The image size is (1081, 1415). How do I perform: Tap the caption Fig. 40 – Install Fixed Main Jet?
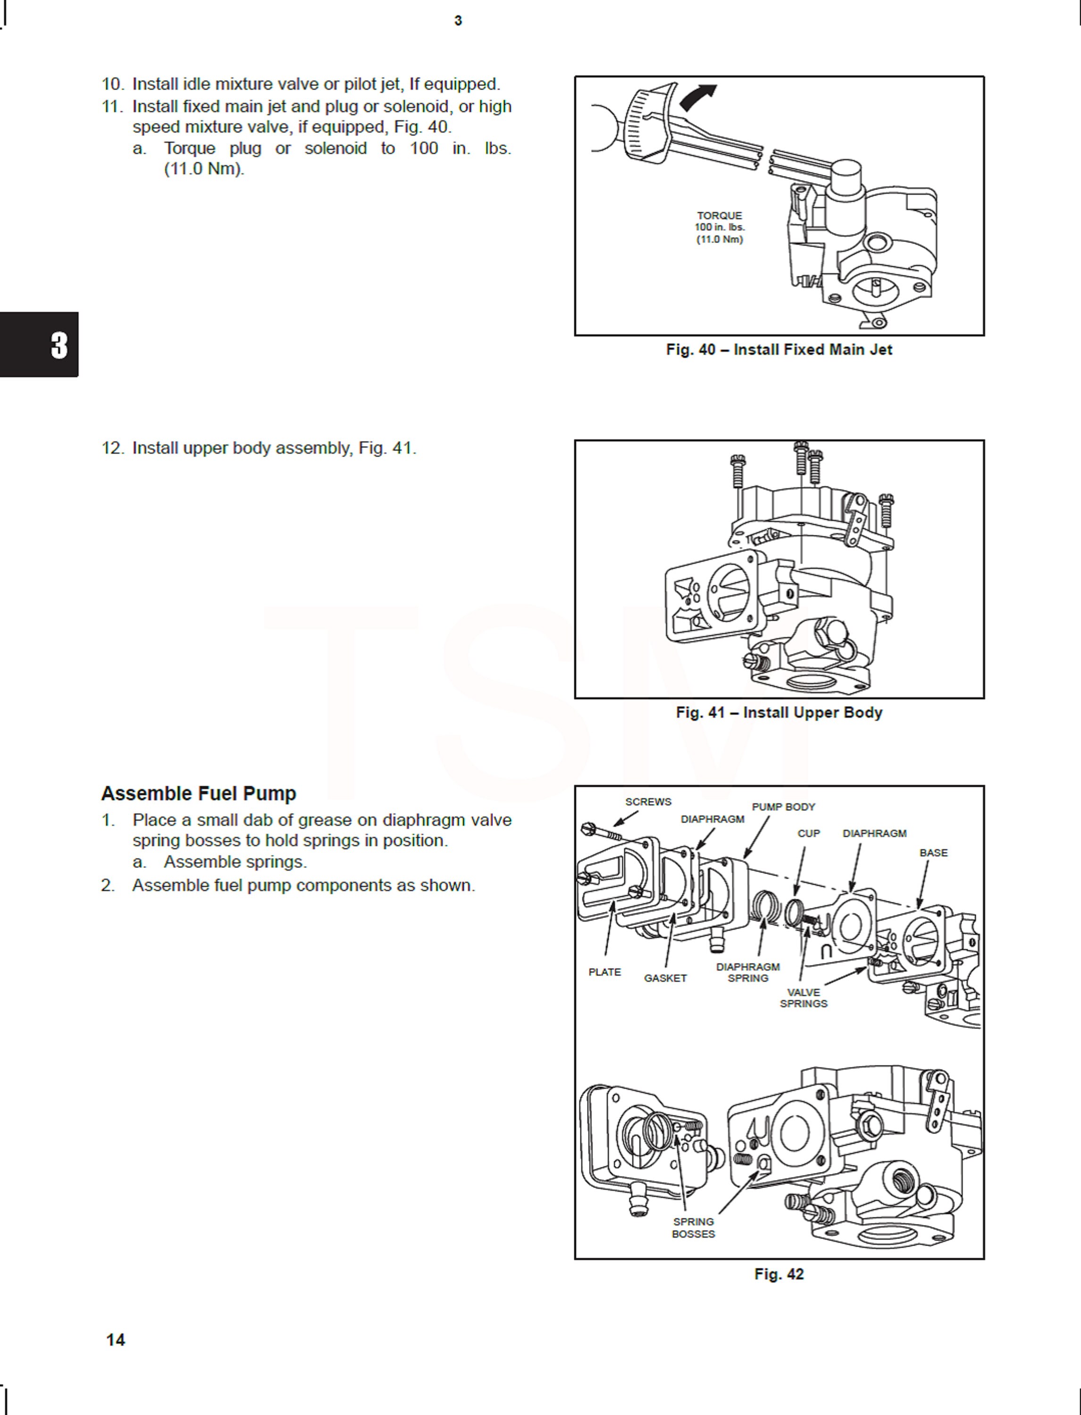click(779, 350)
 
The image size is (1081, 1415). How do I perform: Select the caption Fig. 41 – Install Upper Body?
click(779, 713)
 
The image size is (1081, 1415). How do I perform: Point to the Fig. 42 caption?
click(779, 1274)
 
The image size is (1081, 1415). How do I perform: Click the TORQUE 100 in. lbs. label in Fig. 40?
click(720, 227)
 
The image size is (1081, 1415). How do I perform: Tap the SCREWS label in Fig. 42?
click(648, 802)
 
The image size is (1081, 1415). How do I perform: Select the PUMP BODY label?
click(783, 807)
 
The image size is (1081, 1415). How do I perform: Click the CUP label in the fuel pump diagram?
click(808, 833)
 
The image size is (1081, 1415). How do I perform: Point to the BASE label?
click(933, 853)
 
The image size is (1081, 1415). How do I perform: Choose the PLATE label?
click(604, 972)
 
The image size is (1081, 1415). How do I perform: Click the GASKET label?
click(665, 978)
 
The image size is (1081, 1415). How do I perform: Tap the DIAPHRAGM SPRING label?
click(748, 973)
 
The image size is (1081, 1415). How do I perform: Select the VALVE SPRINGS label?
click(803, 998)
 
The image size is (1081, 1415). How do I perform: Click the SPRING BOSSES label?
click(693, 1227)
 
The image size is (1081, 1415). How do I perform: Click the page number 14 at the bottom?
click(115, 1340)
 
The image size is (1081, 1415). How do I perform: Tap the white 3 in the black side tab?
click(59, 345)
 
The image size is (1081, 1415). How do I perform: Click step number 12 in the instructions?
click(111, 448)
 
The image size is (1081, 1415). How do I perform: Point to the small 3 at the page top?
click(458, 21)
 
